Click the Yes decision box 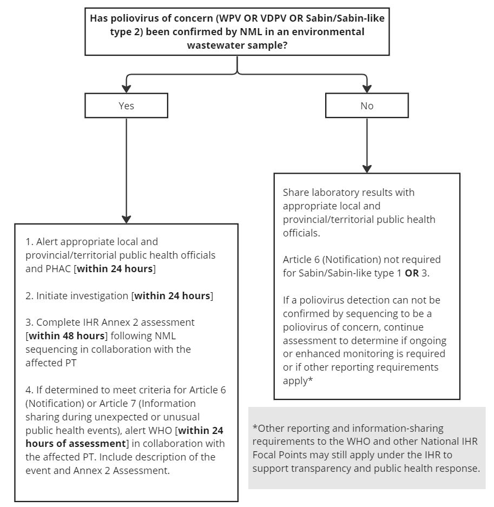point(126,106)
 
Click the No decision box point(366,106)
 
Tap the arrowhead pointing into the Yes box point(126,88)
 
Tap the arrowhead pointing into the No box point(366,88)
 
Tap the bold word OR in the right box point(412,273)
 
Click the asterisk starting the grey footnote point(255,427)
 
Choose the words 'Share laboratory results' point(334,193)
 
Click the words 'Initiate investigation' point(83,296)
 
